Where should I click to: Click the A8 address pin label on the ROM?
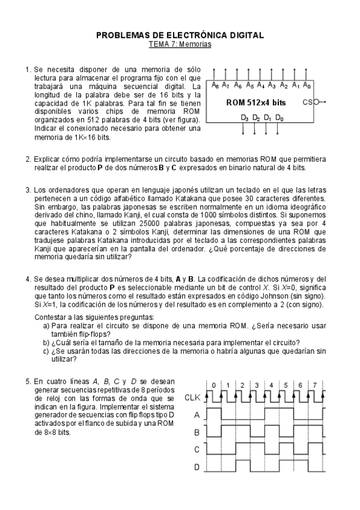pyautogui.click(x=215, y=85)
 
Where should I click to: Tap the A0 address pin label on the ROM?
pyautogui.click(x=307, y=85)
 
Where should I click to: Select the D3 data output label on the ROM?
pyautogui.click(x=245, y=118)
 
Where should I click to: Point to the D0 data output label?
pyautogui.click(x=279, y=118)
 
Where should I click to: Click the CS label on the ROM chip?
pyautogui.click(x=308, y=102)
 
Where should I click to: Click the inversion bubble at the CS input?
pyautogui.click(x=317, y=102)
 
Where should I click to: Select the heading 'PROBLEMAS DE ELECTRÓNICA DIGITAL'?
pyautogui.click(x=180, y=35)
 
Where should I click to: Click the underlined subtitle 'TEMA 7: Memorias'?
pyautogui.click(x=180, y=44)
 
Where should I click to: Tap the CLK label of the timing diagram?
pyautogui.click(x=192, y=397)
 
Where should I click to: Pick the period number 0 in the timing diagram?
pyautogui.click(x=213, y=384)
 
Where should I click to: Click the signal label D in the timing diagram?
pyautogui.click(x=197, y=467)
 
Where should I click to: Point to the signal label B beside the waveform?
pyautogui.click(x=197, y=432)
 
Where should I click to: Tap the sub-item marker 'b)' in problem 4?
pyautogui.click(x=46, y=343)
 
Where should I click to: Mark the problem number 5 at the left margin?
pyautogui.click(x=28, y=381)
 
